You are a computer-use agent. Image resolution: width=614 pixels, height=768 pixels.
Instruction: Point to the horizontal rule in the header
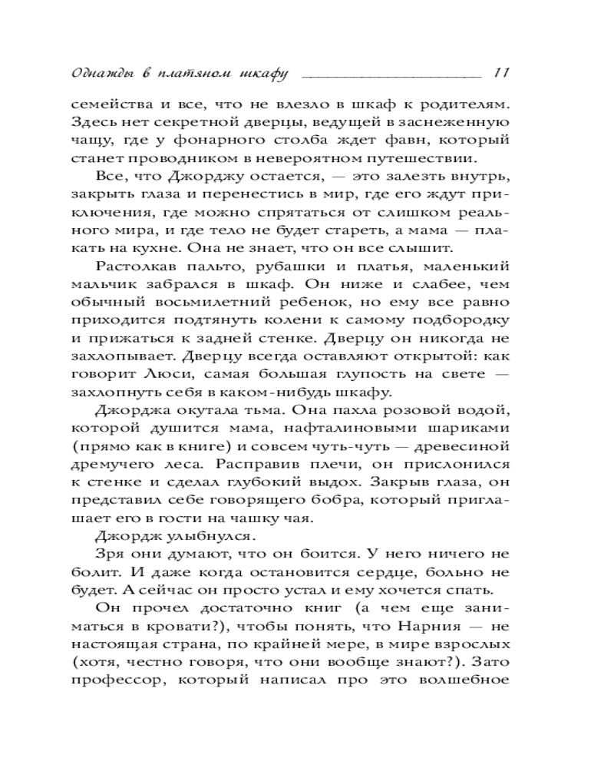pyautogui.click(x=391, y=77)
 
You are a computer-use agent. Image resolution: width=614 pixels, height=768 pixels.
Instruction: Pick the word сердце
pyautogui.click(x=421, y=571)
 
